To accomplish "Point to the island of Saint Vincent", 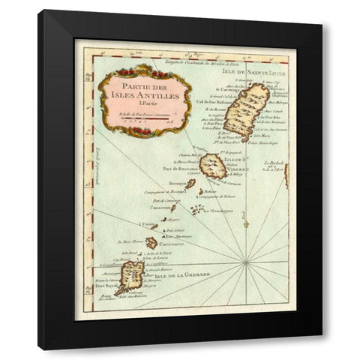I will [x=212, y=166].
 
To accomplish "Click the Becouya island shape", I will [x=190, y=184].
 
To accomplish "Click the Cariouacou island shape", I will [x=151, y=243].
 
